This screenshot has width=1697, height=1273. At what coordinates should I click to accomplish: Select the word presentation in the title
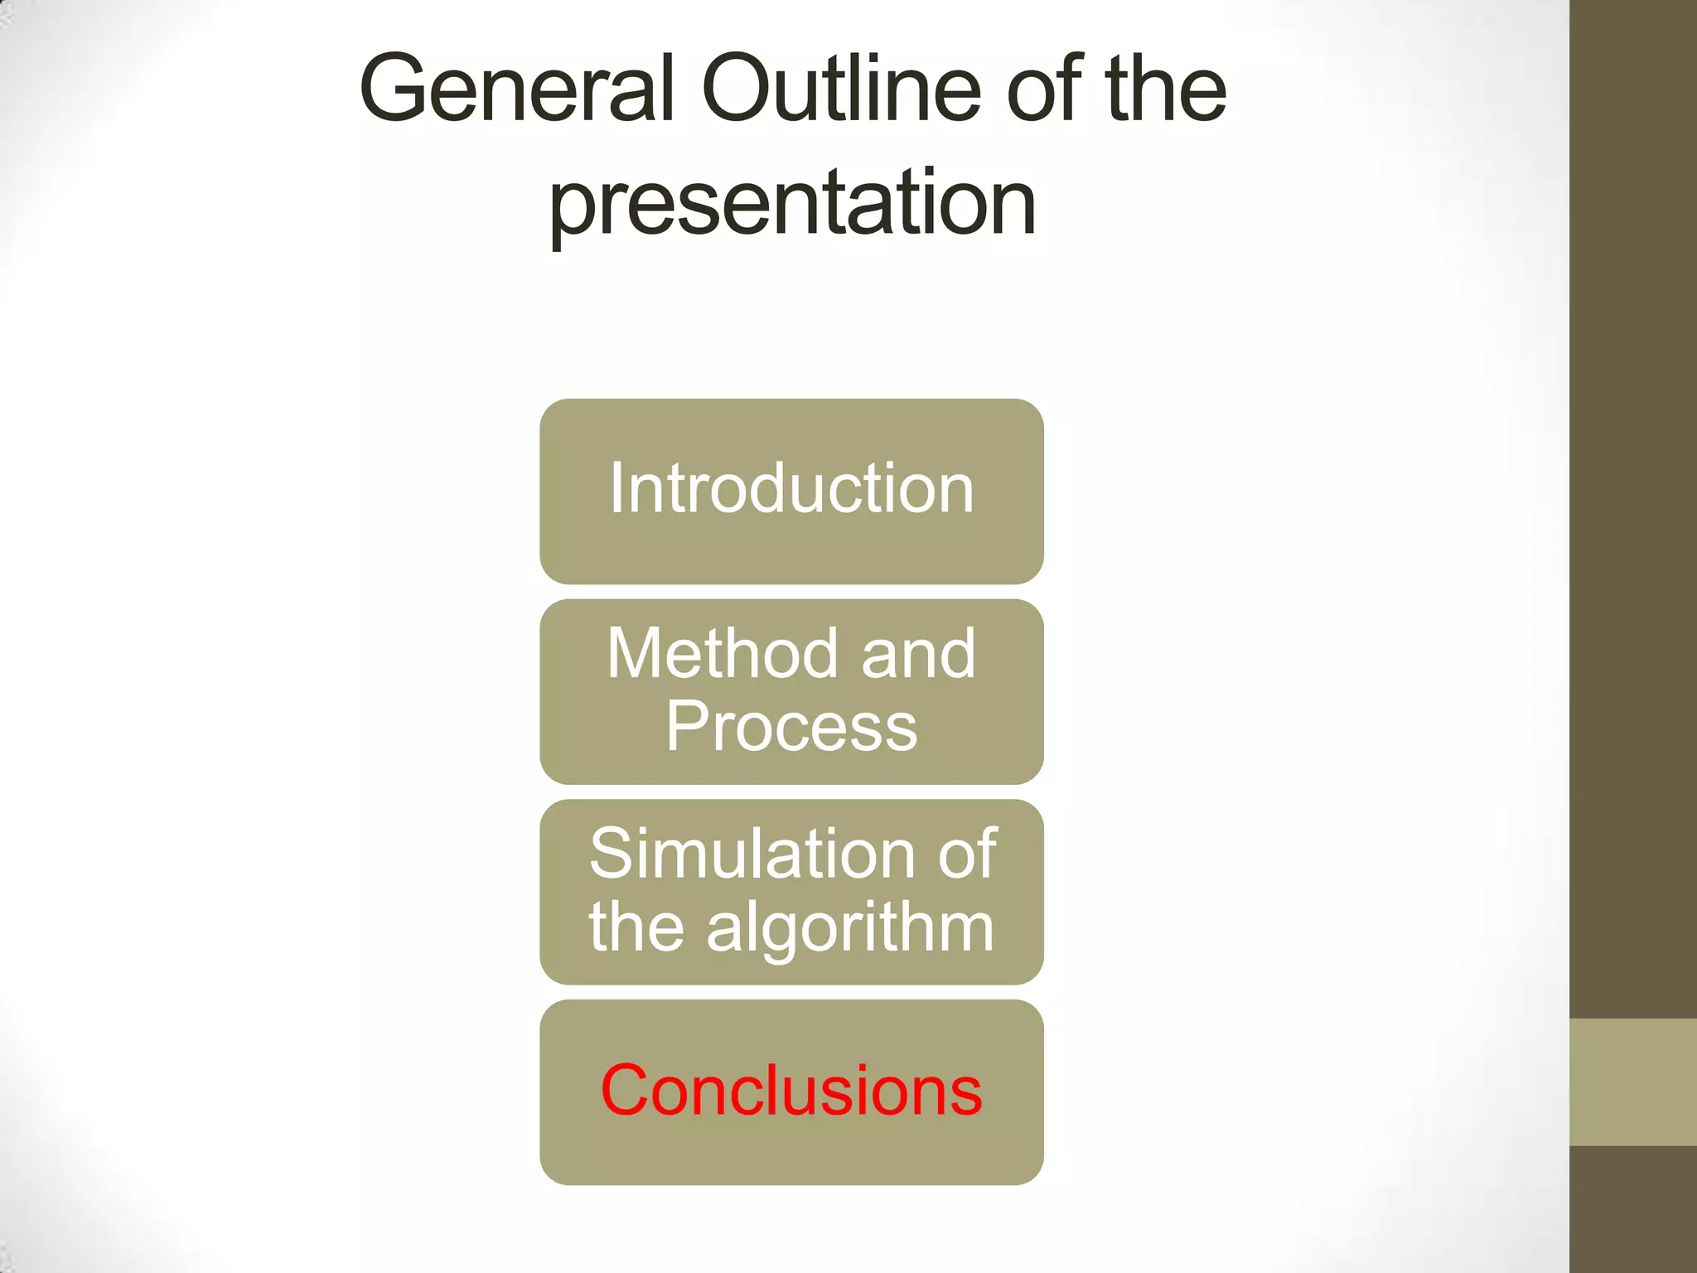pyautogui.click(x=792, y=203)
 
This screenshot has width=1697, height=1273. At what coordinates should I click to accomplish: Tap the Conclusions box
pyautogui.click(x=791, y=1152)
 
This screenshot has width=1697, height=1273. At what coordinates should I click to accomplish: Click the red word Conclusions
pyautogui.click(x=791, y=1091)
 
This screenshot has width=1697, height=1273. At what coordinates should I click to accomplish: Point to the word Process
pyautogui.click(x=791, y=727)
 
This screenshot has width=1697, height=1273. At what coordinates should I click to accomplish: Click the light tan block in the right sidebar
pyautogui.click(x=1633, y=1082)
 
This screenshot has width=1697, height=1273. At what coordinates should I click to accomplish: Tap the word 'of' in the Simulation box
pyautogui.click(x=966, y=854)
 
